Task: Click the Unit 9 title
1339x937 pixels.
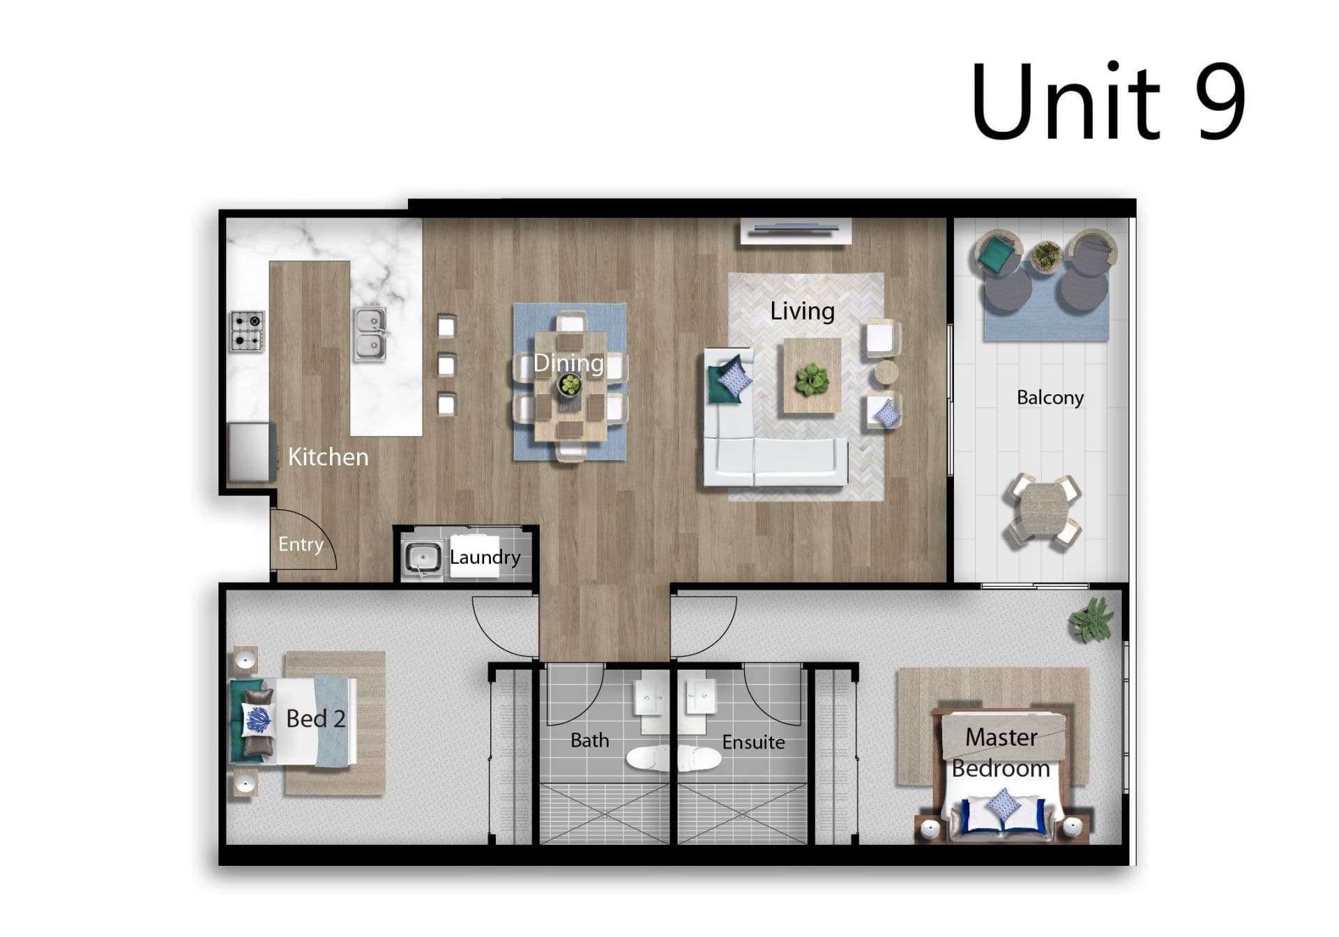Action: pyautogui.click(x=1107, y=101)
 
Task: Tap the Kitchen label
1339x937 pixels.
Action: pyautogui.click(x=328, y=457)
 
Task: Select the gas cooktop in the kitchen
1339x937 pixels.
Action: pyautogui.click(x=248, y=331)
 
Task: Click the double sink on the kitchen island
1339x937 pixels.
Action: pyautogui.click(x=370, y=335)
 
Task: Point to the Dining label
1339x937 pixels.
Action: pyautogui.click(x=568, y=363)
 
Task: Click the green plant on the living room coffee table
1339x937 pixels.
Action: pyautogui.click(x=811, y=380)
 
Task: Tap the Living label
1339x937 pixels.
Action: pyautogui.click(x=802, y=311)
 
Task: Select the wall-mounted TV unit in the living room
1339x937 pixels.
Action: pyautogui.click(x=796, y=231)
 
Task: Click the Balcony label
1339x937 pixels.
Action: pyautogui.click(x=1050, y=398)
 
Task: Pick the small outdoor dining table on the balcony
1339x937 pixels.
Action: pyautogui.click(x=1043, y=511)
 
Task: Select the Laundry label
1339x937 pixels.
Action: pyautogui.click(x=485, y=557)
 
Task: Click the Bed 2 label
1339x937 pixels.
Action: pyautogui.click(x=316, y=719)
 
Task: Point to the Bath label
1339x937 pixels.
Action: pyautogui.click(x=589, y=740)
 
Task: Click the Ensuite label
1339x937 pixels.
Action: pyautogui.click(x=753, y=742)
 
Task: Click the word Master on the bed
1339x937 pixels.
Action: pyautogui.click(x=1001, y=737)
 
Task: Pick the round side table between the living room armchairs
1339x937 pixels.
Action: pyautogui.click(x=886, y=373)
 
